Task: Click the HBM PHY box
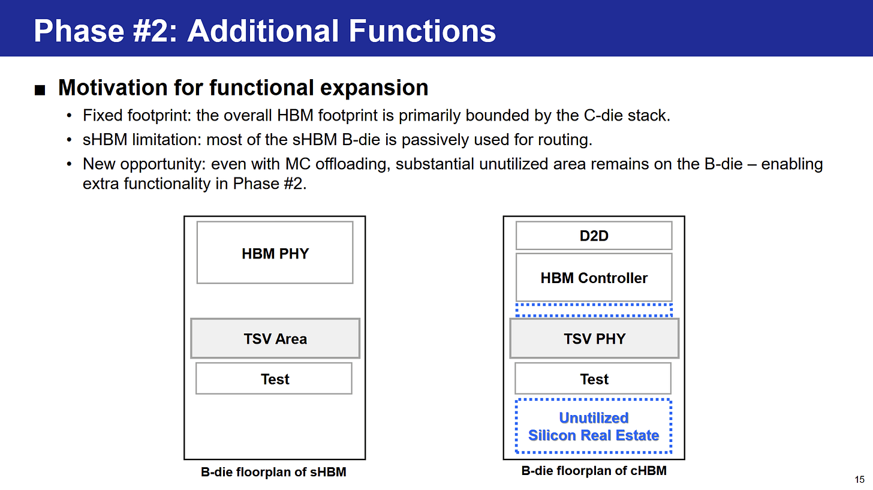pos(275,252)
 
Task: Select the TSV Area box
pos(275,338)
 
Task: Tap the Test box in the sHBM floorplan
pos(274,378)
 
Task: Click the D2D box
pos(594,236)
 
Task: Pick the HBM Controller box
pos(594,278)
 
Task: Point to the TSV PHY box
pos(594,338)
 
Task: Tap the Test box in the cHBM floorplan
pos(593,378)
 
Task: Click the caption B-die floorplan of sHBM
pos(273,472)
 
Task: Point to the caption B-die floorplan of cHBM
pos(594,471)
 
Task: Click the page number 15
pos(859,479)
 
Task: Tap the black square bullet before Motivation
pos(40,90)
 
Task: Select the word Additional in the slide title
pos(263,31)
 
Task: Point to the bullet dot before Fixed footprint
pos(69,116)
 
